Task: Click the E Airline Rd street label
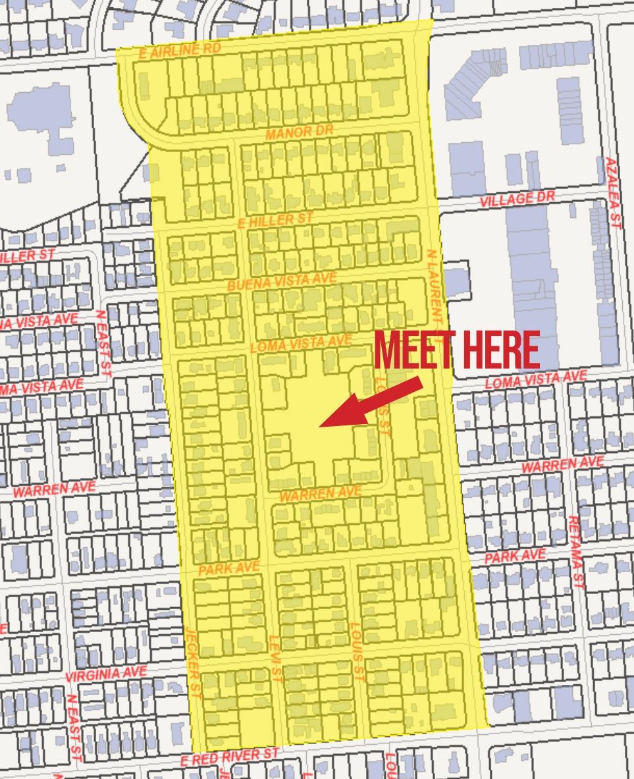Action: pyautogui.click(x=180, y=51)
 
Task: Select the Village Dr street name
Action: pyautogui.click(x=517, y=199)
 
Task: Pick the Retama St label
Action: pyautogui.click(x=576, y=552)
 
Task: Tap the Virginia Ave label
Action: pyautogui.click(x=106, y=674)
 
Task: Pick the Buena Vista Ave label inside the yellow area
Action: pyautogui.click(x=282, y=282)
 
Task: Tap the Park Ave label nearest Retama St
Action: pyautogui.click(x=515, y=556)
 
